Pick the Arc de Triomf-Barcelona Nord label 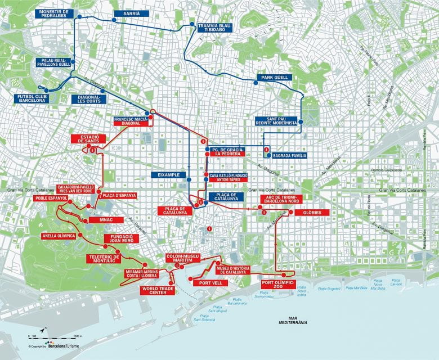(281, 200)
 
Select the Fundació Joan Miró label (122, 240)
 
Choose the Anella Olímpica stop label (59, 236)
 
